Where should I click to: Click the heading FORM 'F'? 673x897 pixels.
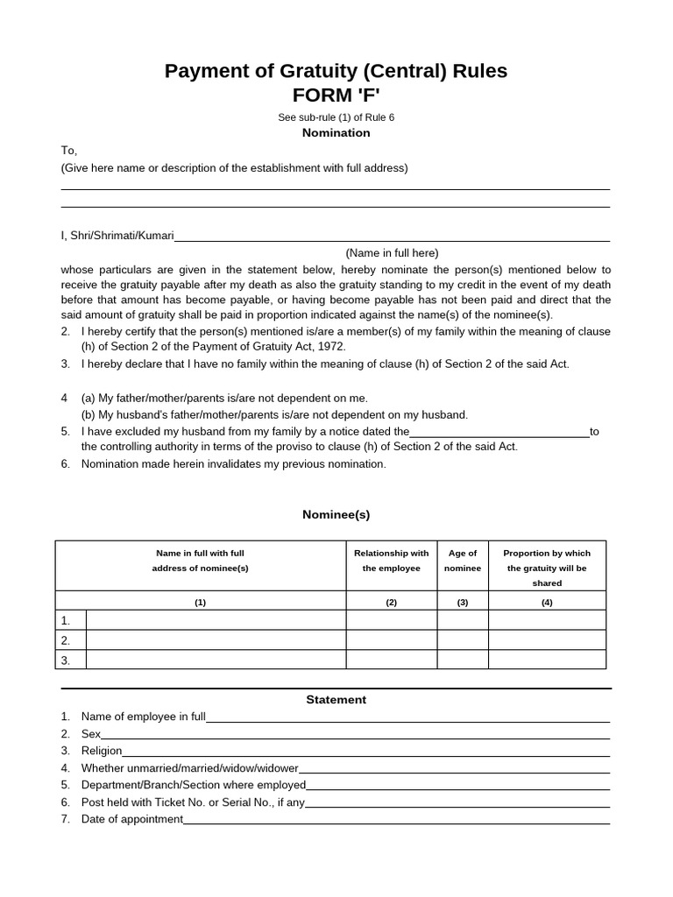(x=336, y=95)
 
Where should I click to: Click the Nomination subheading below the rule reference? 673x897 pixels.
(x=336, y=133)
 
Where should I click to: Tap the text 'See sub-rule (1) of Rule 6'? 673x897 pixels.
(x=336, y=117)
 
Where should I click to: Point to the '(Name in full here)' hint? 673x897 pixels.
(x=392, y=252)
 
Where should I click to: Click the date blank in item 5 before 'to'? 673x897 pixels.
(x=499, y=432)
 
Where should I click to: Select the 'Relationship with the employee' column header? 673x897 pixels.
(x=391, y=561)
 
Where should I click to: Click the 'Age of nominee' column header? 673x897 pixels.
(x=463, y=561)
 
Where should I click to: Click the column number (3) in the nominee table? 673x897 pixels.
(x=463, y=603)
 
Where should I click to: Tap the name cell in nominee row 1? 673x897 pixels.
(x=216, y=620)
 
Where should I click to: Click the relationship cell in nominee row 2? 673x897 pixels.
(x=391, y=640)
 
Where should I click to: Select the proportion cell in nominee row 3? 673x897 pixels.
(x=547, y=660)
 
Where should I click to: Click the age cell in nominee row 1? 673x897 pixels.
(x=463, y=620)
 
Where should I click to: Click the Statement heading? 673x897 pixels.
(x=336, y=700)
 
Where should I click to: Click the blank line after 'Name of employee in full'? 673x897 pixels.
(x=407, y=717)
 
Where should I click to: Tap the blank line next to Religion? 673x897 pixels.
(x=365, y=752)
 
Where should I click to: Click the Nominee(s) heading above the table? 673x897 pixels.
(x=336, y=515)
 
